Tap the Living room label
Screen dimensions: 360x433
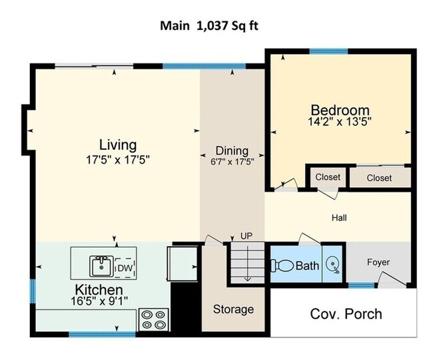pyautogui.click(x=118, y=144)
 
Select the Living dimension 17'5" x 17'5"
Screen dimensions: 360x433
pyautogui.click(x=118, y=159)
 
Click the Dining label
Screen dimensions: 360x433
pyautogui.click(x=232, y=150)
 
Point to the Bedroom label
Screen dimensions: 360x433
pyautogui.click(x=340, y=110)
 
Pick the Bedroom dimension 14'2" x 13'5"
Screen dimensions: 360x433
pyautogui.click(x=340, y=122)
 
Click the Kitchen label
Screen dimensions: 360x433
pyautogui.click(x=99, y=290)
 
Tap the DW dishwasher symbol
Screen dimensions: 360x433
pyautogui.click(x=124, y=268)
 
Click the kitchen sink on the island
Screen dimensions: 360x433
pyautogui.click(x=101, y=267)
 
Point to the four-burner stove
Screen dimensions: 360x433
pyautogui.click(x=155, y=320)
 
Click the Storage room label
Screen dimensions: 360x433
pyautogui.click(x=233, y=309)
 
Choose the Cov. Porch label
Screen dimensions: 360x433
pyautogui.click(x=346, y=313)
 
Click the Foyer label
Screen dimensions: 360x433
pyautogui.click(x=378, y=262)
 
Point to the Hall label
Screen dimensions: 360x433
pyautogui.click(x=339, y=218)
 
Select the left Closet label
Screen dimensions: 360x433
pyautogui.click(x=328, y=177)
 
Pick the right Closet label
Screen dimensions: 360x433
pyautogui.click(x=379, y=178)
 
